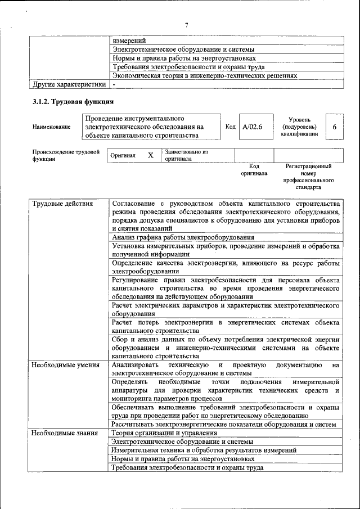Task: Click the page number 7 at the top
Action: tap(186, 25)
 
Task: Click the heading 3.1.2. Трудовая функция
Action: tap(73, 102)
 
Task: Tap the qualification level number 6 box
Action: tap(334, 127)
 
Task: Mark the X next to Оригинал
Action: tap(150, 155)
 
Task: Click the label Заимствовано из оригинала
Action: tap(186, 155)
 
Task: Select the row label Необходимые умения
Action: tap(62, 365)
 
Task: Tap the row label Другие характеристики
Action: tap(69, 84)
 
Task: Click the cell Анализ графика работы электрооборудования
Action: tap(183, 237)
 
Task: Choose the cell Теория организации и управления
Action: tap(164, 433)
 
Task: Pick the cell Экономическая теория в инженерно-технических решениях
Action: tap(204, 75)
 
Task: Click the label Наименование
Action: tap(52, 127)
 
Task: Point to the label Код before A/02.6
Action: tap(230, 127)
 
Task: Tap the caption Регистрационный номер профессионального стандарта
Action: tap(308, 177)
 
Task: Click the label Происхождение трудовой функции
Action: tap(66, 155)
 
